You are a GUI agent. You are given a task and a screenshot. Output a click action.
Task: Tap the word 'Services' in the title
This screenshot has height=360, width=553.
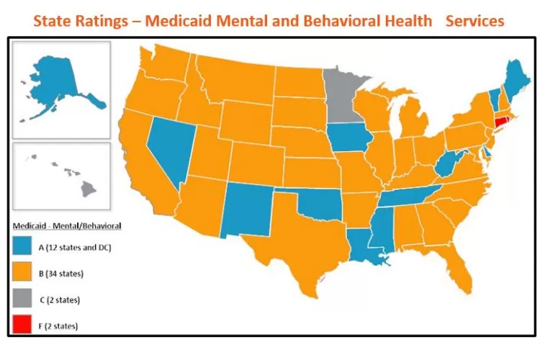tap(475, 21)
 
